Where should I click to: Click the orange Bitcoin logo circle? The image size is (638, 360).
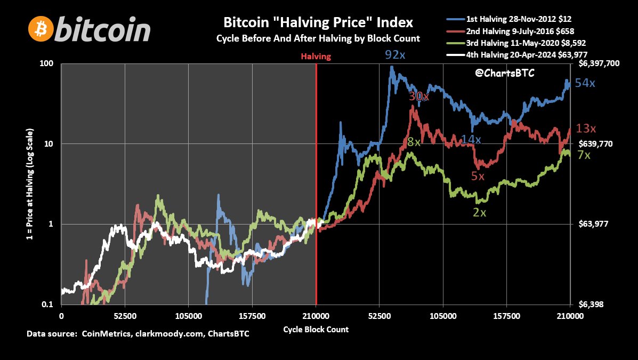41,29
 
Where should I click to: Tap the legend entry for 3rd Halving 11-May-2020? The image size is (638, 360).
512,42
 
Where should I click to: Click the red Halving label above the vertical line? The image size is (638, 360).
316,56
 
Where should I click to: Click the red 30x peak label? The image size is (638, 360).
418,96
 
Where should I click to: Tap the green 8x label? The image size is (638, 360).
414,142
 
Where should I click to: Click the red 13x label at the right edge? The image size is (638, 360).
585,128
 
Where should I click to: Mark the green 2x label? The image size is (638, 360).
479,212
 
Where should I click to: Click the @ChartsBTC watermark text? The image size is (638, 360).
504,73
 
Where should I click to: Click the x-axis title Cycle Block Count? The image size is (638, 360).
316,329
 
